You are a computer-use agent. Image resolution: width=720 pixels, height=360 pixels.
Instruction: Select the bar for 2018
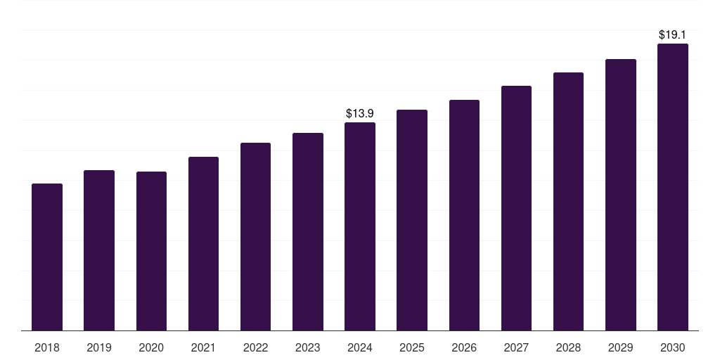[47, 257]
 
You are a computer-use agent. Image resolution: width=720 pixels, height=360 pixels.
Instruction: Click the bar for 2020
[152, 251]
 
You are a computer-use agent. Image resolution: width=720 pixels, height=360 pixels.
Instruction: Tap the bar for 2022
[255, 236]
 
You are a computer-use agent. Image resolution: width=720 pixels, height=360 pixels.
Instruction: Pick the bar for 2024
[360, 226]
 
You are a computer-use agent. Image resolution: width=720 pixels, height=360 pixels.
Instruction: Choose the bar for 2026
[464, 215]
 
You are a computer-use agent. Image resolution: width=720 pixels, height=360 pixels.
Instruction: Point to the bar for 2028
[568, 202]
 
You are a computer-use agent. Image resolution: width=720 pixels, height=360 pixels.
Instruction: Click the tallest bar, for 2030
[673, 187]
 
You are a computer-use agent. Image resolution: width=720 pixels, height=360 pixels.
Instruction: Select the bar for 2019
[99, 250]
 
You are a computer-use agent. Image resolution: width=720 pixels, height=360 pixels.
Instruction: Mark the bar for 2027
[517, 208]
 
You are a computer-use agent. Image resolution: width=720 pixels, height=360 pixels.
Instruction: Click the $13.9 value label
[360, 113]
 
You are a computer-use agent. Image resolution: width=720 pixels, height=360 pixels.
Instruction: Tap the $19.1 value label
[672, 34]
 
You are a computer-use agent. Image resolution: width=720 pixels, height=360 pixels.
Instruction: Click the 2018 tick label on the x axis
[47, 347]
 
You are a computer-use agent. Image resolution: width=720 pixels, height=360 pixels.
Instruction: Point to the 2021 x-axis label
[203, 347]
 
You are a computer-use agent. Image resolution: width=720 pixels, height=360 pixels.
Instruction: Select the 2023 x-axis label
[308, 347]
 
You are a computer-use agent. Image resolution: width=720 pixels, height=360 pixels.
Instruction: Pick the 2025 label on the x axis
[412, 347]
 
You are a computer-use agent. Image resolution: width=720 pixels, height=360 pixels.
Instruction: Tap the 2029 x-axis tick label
[620, 347]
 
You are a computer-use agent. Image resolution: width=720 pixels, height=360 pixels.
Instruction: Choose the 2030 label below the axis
[673, 347]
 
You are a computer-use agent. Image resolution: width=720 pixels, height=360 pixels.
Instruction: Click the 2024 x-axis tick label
[360, 347]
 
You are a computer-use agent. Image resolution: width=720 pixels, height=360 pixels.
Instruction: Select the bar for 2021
[203, 244]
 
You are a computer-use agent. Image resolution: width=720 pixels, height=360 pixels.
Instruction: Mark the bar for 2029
[621, 195]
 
